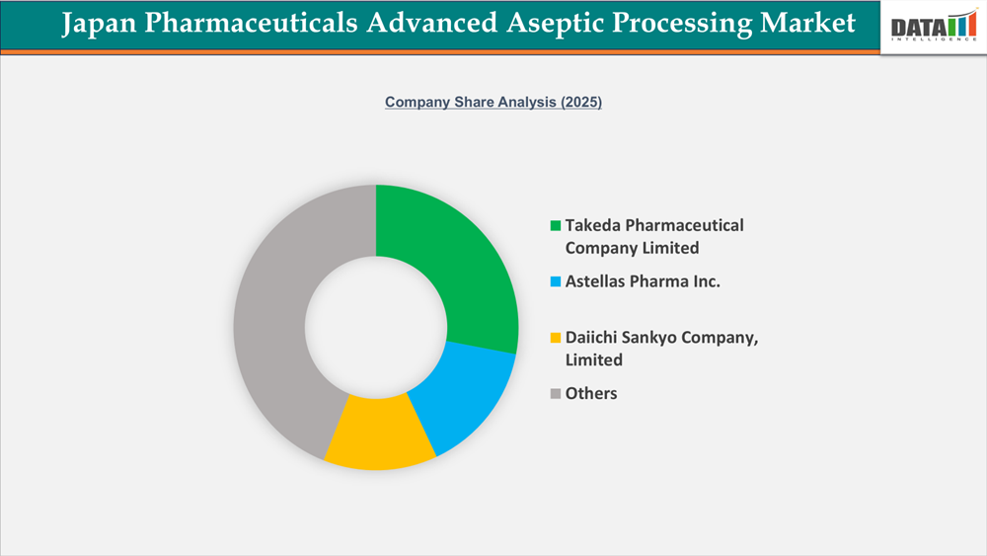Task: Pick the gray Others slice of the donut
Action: (x=276, y=326)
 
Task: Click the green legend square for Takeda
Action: (x=556, y=226)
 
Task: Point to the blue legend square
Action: (x=556, y=282)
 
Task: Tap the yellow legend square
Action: (x=556, y=339)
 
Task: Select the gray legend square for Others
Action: (x=556, y=394)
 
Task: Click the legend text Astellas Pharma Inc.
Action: (x=643, y=281)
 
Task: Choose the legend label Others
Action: (x=591, y=393)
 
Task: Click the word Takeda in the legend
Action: (x=593, y=225)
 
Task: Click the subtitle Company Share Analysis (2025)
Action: (x=493, y=102)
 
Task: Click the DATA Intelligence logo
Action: (x=932, y=27)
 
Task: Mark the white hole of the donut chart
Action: (x=376, y=327)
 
